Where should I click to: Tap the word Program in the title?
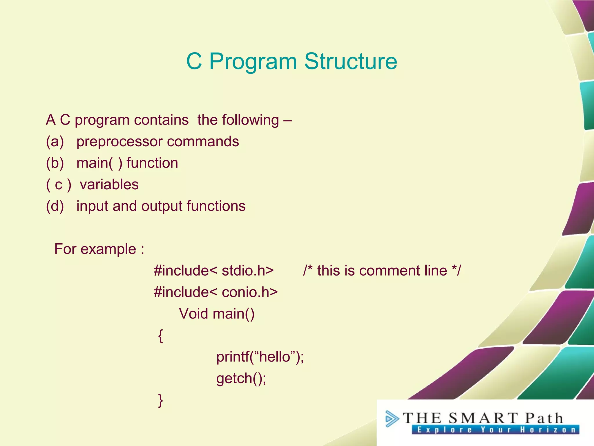coord(253,62)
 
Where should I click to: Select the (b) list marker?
coord(55,163)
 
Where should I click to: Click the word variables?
coord(109,185)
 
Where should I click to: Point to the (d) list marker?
coord(55,206)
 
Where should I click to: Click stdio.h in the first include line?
coord(247,271)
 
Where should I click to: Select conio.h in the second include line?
coord(249,292)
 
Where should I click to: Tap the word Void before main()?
coord(193,314)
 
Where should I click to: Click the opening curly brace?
coord(160,336)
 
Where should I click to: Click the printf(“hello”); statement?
coord(260,357)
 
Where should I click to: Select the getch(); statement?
coord(241,378)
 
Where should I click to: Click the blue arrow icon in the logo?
coord(392,419)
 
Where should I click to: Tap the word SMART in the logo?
coord(483,418)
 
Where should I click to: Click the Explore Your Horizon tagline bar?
coord(495,430)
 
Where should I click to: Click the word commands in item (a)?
coord(203,142)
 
